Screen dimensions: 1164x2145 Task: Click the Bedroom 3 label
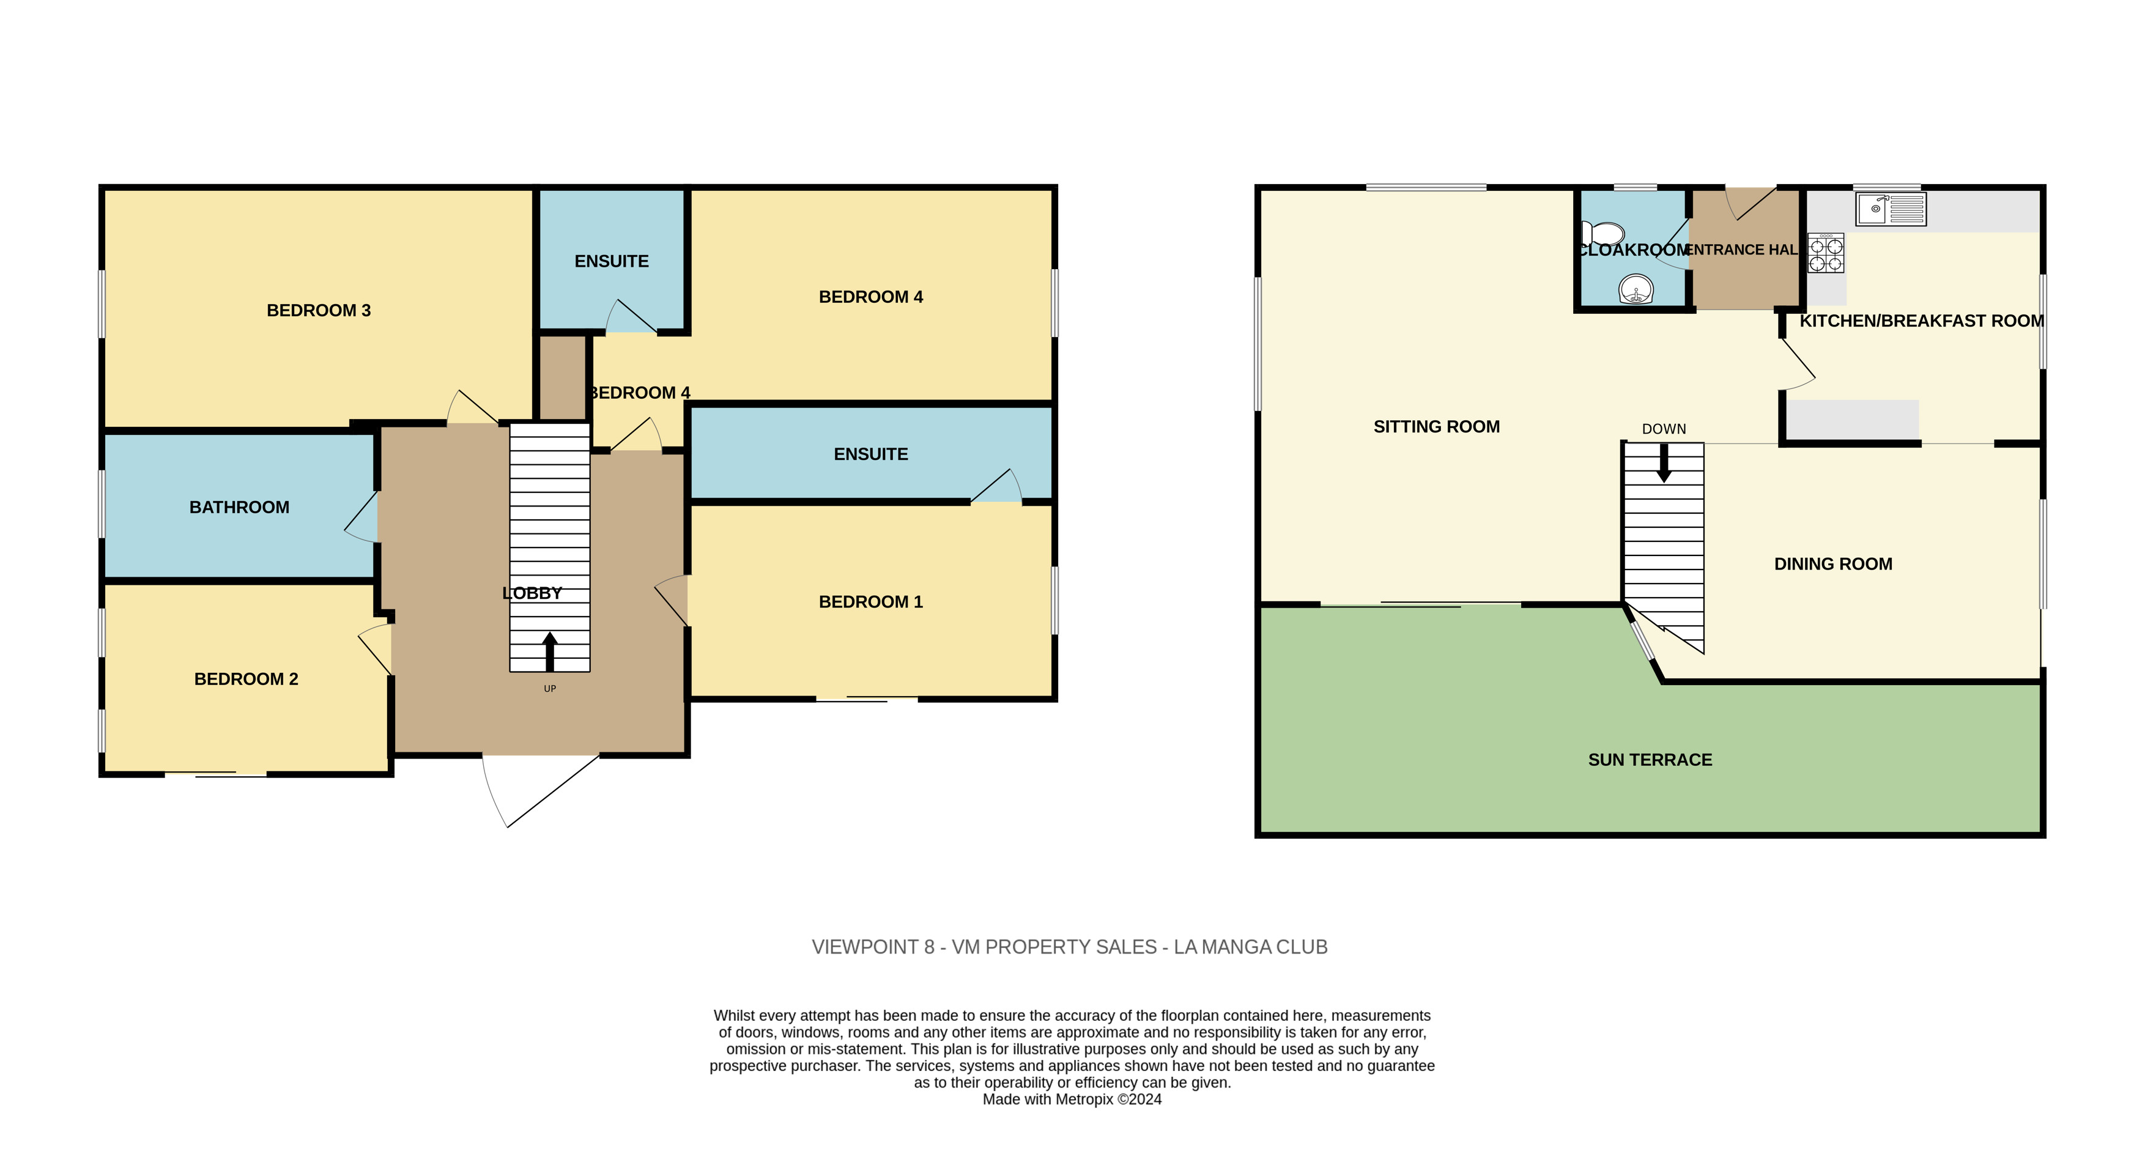point(318,311)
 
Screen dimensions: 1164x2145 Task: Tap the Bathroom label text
point(239,507)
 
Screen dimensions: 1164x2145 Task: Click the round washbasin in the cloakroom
point(1636,291)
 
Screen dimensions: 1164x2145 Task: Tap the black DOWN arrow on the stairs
point(1664,463)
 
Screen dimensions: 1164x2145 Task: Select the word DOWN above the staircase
point(1664,429)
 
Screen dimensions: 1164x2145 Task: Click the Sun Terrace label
point(1650,759)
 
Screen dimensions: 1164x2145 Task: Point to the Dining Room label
point(1832,564)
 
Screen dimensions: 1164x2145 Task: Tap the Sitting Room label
point(1436,426)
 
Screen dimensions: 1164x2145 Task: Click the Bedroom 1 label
point(870,601)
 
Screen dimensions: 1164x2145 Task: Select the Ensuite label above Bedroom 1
point(870,454)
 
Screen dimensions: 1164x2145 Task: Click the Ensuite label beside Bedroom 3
point(611,261)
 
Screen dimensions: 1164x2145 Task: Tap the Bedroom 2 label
point(246,678)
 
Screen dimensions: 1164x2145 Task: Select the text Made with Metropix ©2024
point(1072,1099)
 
